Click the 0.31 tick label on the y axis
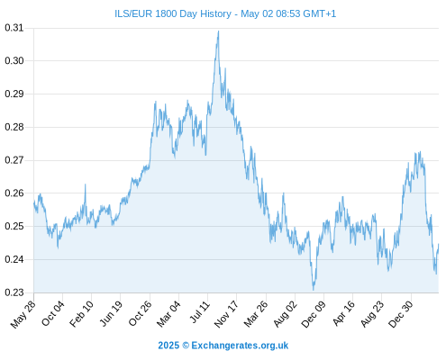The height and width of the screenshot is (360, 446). (x=14, y=28)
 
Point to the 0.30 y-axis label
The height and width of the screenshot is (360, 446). (x=14, y=61)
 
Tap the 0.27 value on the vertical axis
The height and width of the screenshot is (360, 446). (x=14, y=160)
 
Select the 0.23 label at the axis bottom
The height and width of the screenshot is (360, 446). (x=14, y=292)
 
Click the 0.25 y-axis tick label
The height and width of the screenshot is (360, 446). (x=14, y=226)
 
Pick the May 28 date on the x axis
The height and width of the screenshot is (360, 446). (x=23, y=314)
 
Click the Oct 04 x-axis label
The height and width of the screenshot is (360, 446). (x=53, y=313)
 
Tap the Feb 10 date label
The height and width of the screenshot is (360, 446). (x=81, y=314)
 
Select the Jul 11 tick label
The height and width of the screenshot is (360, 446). (x=200, y=312)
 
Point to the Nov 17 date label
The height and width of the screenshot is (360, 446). (x=226, y=314)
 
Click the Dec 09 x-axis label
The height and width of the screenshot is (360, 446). (x=314, y=314)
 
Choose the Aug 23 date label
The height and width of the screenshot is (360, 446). (x=372, y=314)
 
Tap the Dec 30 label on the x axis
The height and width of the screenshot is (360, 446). (x=401, y=314)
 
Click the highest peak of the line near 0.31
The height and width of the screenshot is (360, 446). (x=218, y=31)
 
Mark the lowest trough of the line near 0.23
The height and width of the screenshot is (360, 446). (x=314, y=290)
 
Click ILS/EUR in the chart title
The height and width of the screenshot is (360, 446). (x=133, y=13)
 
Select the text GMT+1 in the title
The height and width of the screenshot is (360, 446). (x=320, y=13)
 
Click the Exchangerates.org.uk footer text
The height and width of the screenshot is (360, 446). (x=240, y=346)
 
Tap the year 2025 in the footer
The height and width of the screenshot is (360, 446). (x=168, y=346)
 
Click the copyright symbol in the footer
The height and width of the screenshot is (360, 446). (x=186, y=346)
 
